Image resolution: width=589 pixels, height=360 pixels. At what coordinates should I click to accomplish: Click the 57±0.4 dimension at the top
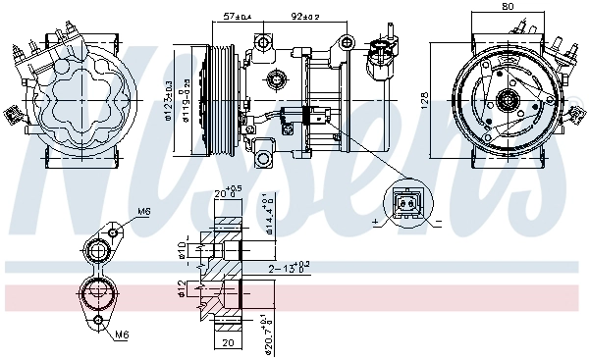point(239,17)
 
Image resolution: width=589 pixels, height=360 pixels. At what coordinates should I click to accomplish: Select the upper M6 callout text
point(143,211)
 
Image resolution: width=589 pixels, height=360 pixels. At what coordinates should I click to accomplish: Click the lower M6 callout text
point(121,334)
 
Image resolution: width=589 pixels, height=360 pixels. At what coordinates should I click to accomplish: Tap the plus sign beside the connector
point(376,224)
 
